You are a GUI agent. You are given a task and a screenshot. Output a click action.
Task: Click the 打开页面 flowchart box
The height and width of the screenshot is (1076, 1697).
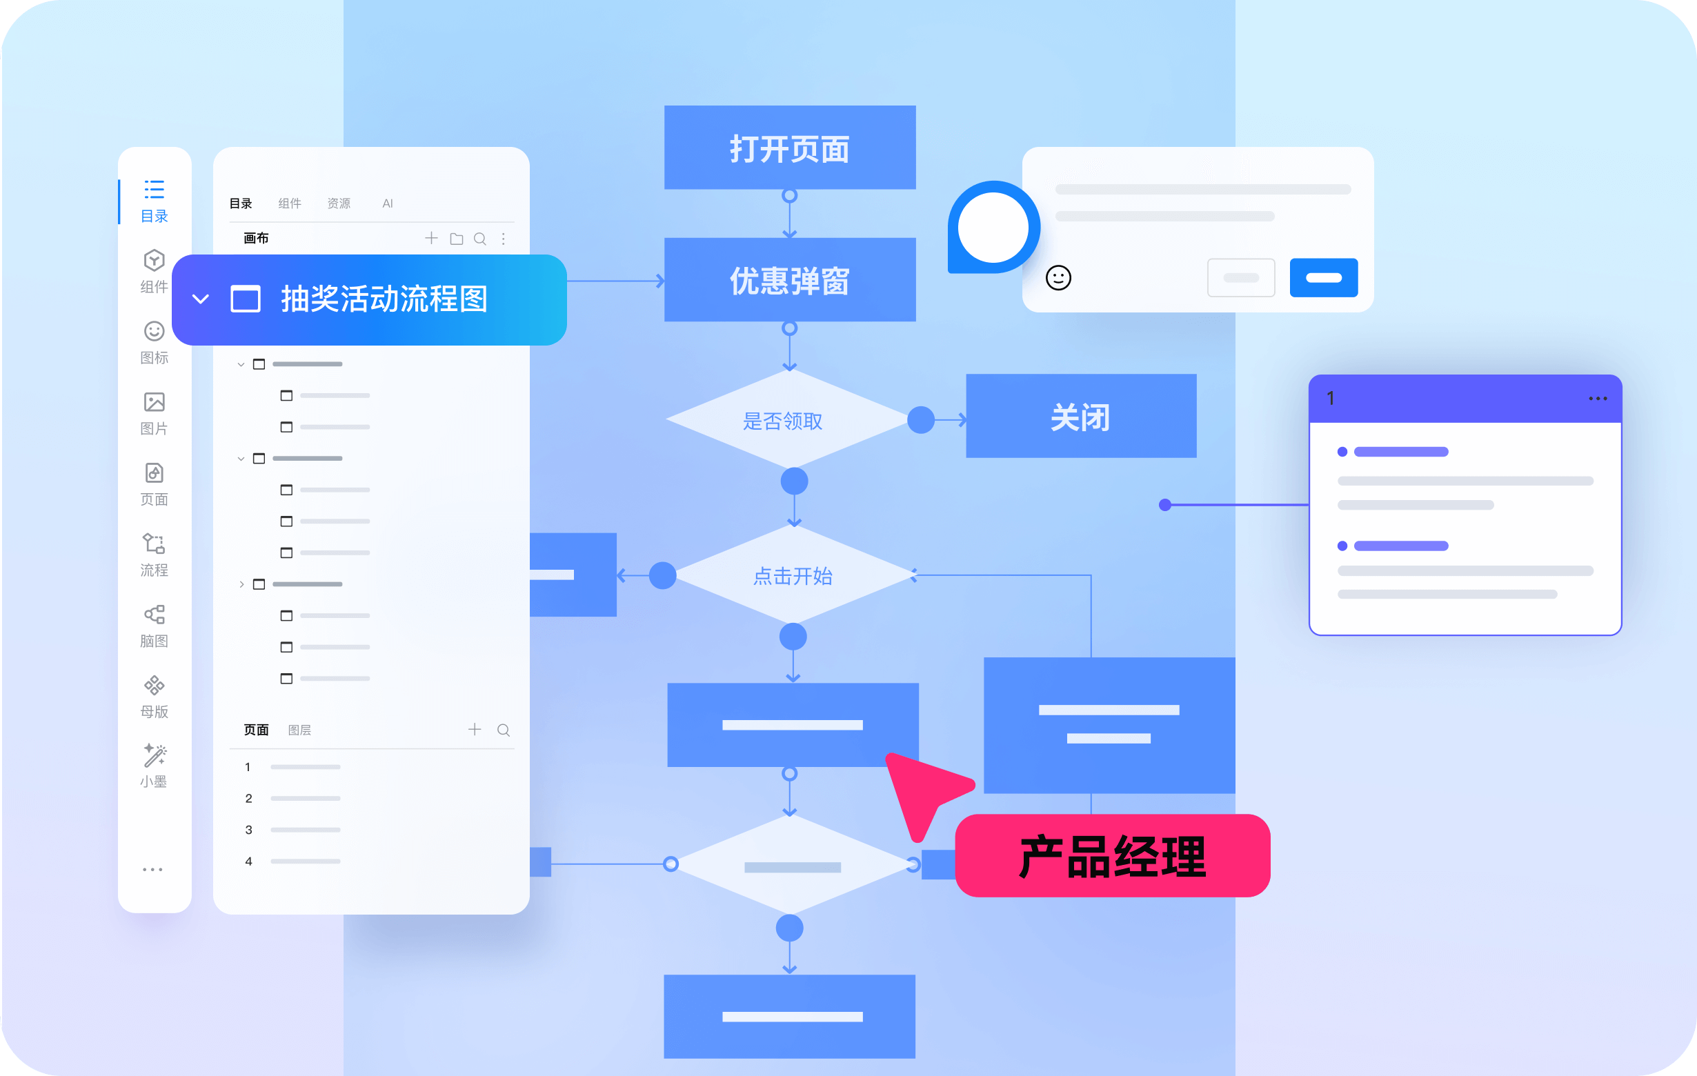pos(790,148)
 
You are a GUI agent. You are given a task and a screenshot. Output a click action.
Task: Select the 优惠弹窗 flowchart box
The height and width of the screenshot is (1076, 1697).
pos(790,280)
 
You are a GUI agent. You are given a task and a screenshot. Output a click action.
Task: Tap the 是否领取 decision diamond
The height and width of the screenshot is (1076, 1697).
pos(788,420)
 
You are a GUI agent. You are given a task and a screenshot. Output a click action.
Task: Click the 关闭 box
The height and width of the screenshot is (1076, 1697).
pos(1081,416)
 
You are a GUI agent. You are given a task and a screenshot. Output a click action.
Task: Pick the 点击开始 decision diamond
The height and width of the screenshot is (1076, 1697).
pos(794,575)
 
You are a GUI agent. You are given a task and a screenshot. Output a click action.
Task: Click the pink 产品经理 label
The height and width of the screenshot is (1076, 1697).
pos(1113,855)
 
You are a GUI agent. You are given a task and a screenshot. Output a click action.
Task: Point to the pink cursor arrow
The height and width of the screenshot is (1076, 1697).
pos(923,789)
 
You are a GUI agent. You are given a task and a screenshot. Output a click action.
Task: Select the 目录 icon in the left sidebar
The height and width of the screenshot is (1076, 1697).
pos(155,190)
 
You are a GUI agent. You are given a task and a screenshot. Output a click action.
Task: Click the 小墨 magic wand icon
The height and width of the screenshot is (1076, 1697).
pos(155,755)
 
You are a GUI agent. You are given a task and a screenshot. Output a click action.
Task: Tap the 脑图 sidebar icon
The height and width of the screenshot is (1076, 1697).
pos(155,615)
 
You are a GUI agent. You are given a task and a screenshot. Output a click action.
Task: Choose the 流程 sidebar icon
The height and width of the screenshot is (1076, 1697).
pos(155,544)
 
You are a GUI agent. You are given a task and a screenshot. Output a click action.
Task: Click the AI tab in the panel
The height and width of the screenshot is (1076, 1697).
pos(388,203)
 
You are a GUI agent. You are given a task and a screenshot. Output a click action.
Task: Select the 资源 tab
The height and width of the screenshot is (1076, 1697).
pos(339,203)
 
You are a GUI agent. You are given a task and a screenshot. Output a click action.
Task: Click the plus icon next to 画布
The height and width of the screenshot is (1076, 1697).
pos(431,238)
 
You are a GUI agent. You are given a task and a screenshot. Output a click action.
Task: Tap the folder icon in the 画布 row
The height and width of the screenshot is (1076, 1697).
pos(457,239)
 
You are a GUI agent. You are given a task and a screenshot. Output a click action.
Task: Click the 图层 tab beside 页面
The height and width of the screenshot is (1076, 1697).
pos(299,730)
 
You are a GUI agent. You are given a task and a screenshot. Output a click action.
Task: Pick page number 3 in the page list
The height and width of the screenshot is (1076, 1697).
pos(249,829)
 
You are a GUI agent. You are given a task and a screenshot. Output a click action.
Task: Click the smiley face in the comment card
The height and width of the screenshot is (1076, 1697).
pos(1058,278)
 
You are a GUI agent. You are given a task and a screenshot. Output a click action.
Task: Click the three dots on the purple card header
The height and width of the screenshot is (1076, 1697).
pos(1598,399)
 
